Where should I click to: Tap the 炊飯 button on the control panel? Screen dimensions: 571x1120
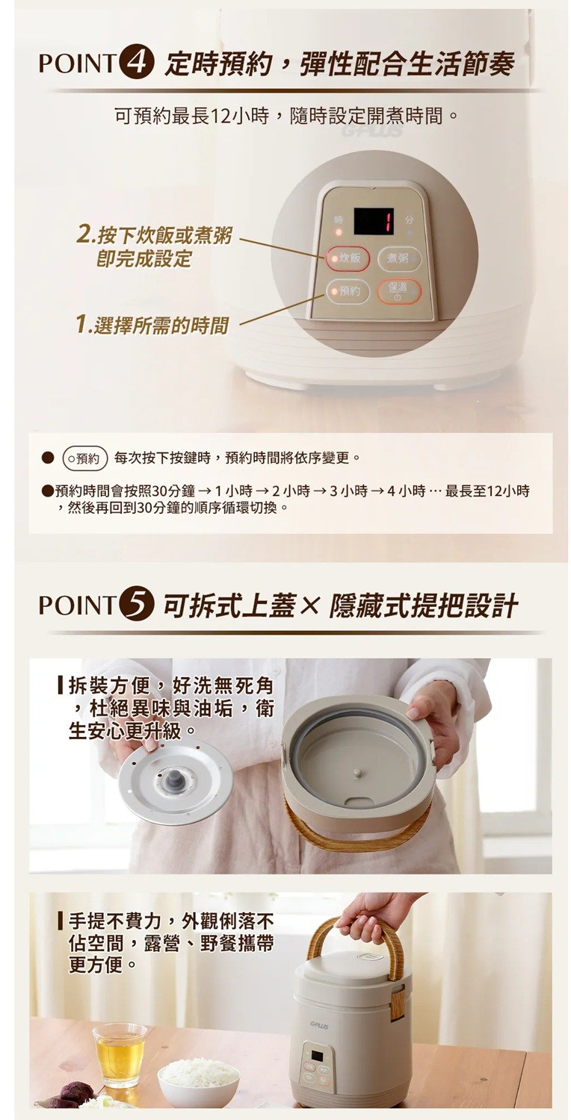tap(348, 258)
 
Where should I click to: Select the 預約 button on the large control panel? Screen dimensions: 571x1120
tap(348, 290)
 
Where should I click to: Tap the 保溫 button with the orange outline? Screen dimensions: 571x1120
tap(398, 290)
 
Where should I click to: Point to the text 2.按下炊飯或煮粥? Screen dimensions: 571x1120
tap(154, 235)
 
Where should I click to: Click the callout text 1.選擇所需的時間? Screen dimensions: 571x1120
tap(152, 325)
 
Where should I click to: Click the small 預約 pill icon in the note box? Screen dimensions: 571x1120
tap(85, 458)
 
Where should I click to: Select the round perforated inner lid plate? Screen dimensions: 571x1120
tap(176, 783)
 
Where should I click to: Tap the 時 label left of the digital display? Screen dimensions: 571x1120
tap(339, 220)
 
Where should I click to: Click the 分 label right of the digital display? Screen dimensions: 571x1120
tap(410, 220)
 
